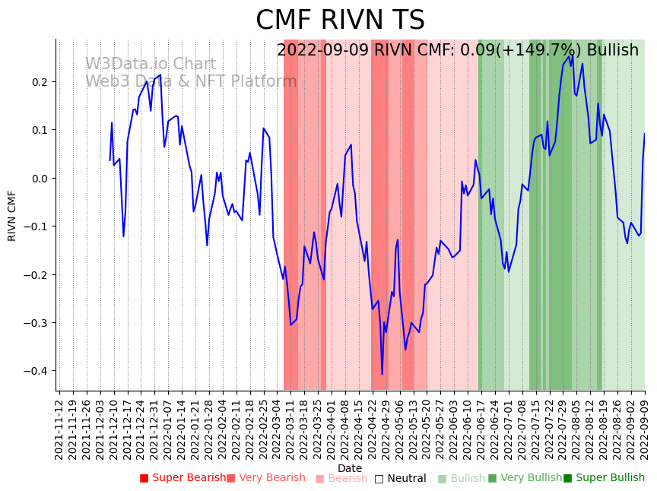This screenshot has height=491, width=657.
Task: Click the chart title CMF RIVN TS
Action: coord(340,21)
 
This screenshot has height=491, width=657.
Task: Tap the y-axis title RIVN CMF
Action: coord(12,215)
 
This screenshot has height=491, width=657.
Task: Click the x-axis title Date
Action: coord(350,468)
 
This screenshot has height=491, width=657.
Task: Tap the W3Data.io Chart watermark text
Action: coord(150,65)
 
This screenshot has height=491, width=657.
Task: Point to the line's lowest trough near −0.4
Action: coord(382,374)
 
